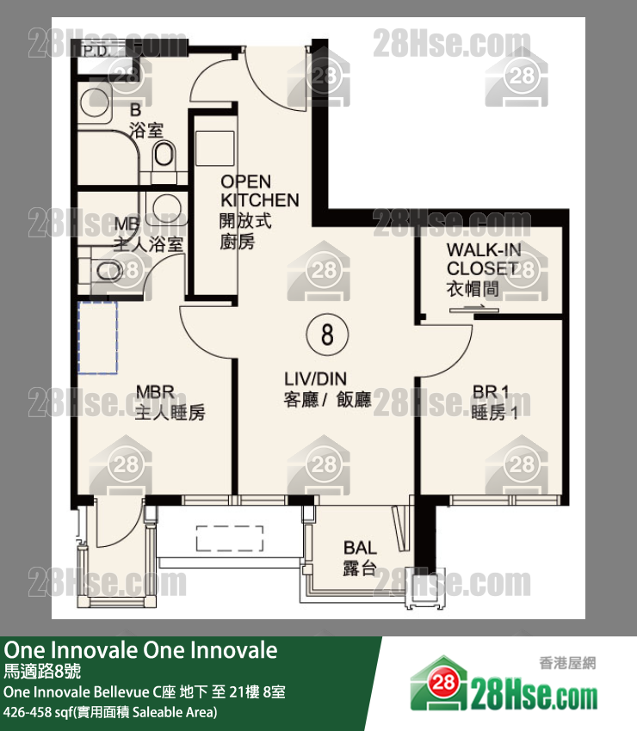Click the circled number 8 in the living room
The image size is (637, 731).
[x=326, y=334]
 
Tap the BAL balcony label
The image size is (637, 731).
[x=360, y=557]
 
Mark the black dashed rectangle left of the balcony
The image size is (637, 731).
[x=228, y=538]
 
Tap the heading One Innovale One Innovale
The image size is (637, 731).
[x=141, y=650]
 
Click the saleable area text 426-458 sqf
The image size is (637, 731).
[x=110, y=712]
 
